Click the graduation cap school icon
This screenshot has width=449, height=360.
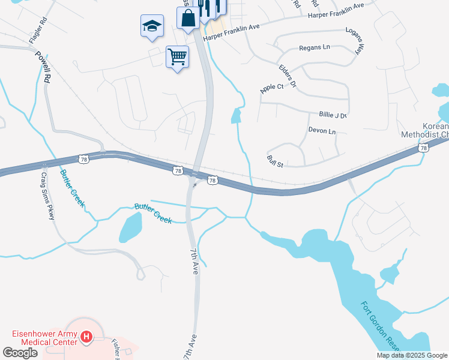click(x=152, y=26)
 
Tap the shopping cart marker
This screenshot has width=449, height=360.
click(x=177, y=58)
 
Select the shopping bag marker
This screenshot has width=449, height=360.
click(x=188, y=18)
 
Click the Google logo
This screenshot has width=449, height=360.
click(x=20, y=353)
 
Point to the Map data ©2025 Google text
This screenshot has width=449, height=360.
click(x=412, y=355)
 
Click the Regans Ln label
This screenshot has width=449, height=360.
click(x=315, y=47)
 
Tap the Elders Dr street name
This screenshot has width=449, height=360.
click(x=288, y=76)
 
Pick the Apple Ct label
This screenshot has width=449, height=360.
click(x=271, y=88)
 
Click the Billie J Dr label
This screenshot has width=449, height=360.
click(x=333, y=115)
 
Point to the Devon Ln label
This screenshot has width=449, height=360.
click(x=322, y=130)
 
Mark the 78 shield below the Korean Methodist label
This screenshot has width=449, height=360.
click(x=424, y=148)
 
